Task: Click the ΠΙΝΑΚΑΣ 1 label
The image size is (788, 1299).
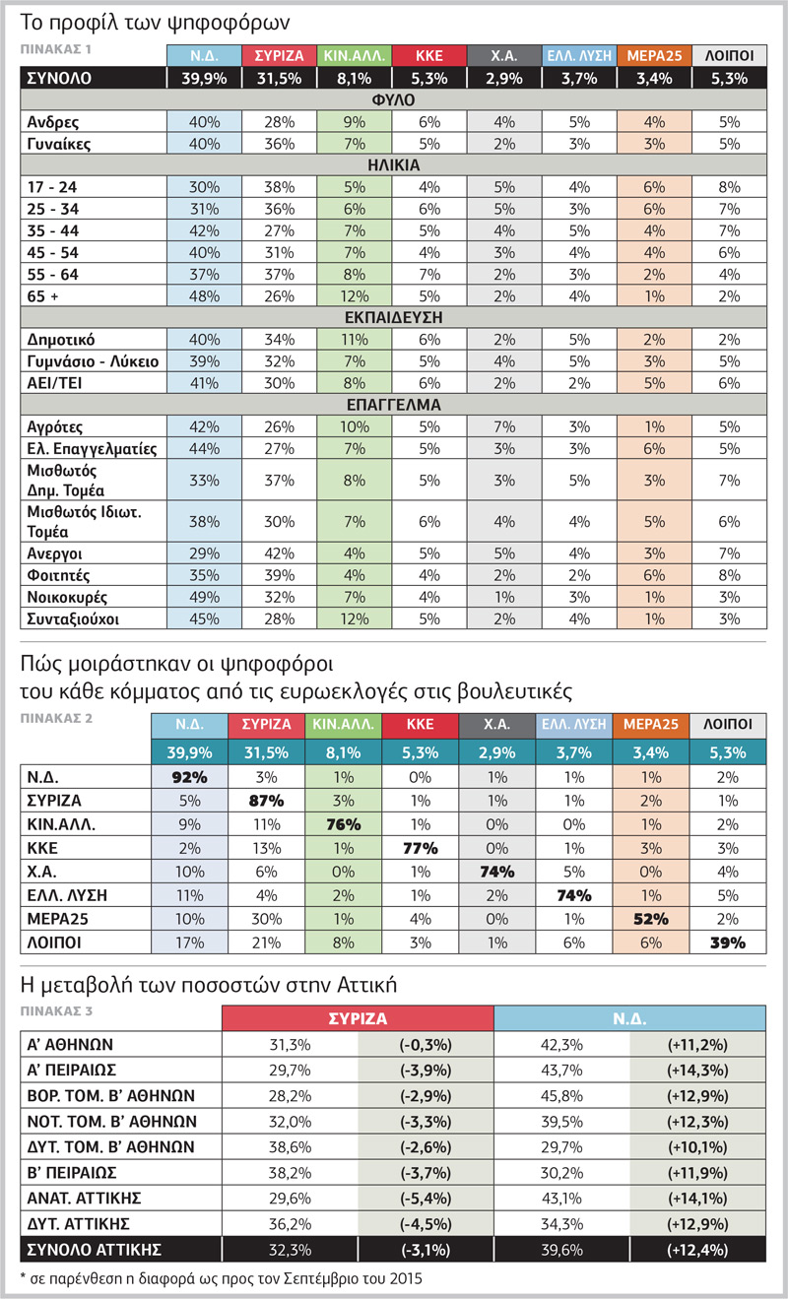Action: tap(56, 49)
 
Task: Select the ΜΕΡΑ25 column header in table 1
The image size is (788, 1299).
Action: tap(654, 56)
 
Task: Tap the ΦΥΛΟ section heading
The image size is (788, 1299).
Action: tap(393, 100)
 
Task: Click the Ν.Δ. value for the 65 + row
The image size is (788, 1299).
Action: tap(204, 296)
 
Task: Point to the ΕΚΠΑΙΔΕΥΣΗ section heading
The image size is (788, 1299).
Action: tap(393, 318)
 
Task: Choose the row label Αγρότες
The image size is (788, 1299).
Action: tap(55, 427)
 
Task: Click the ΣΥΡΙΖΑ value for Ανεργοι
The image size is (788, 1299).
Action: tap(280, 553)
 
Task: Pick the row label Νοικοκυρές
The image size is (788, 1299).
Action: tap(67, 598)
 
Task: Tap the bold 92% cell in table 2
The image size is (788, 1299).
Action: tap(189, 777)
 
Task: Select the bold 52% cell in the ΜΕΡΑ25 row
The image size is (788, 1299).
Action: tap(650, 919)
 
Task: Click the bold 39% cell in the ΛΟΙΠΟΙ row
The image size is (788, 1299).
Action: tap(728, 942)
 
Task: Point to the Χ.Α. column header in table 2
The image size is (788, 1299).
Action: tap(496, 724)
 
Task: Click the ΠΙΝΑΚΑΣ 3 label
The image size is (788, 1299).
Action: tap(56, 1010)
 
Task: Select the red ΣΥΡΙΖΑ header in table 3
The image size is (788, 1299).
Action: tap(358, 1018)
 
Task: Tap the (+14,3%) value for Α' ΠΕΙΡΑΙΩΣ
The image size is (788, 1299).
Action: tap(697, 1070)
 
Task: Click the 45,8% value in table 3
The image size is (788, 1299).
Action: tap(561, 1095)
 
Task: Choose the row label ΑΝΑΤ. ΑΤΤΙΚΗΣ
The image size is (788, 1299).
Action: tap(84, 1199)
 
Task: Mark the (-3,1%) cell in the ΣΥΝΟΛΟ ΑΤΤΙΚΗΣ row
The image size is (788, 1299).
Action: tap(426, 1250)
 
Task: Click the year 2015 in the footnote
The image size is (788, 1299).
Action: tap(406, 1278)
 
